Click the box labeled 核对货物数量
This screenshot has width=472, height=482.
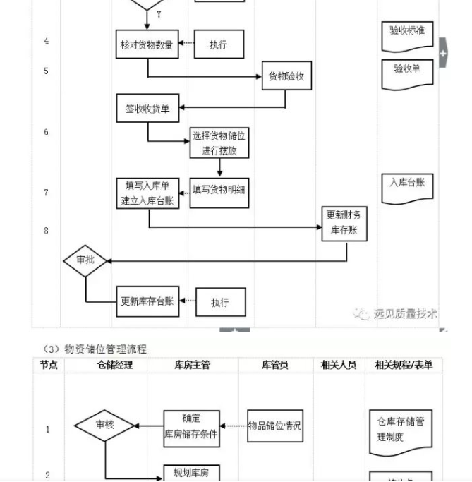[147, 44]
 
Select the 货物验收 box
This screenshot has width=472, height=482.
[286, 77]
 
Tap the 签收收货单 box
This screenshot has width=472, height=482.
[147, 108]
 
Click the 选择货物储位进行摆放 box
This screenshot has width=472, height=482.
[219, 143]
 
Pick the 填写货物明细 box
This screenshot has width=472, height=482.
[219, 189]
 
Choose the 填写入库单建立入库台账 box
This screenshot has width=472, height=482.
[147, 193]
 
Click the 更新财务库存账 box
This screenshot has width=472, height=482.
[345, 222]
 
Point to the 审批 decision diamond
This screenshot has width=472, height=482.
[85, 260]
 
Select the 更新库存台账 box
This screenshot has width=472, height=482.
[147, 301]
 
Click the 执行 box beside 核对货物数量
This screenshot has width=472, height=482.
[219, 44]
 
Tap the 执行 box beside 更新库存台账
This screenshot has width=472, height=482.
[220, 302]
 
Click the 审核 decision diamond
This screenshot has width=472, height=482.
[104, 426]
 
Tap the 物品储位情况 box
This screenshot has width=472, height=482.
[275, 426]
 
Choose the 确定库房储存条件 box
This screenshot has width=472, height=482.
[191, 427]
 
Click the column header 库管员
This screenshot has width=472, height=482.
[275, 365]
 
